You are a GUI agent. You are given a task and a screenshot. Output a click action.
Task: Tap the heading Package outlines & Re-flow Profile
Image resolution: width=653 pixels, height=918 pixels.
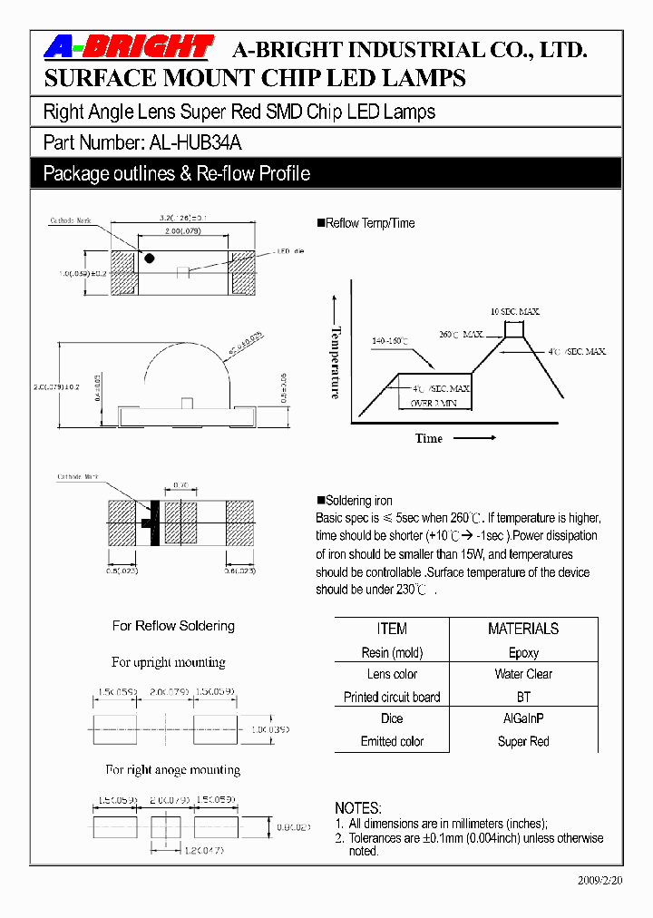pos(177,173)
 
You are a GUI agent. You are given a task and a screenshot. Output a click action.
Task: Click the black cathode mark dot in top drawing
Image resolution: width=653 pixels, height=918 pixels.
pos(149,259)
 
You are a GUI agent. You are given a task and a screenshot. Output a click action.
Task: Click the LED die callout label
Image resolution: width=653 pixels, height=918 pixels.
pos(290,251)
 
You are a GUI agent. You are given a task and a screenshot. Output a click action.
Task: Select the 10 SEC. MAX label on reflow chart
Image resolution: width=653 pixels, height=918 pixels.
pos(515,312)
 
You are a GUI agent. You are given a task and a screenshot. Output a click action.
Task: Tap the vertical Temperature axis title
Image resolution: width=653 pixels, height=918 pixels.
pos(336,362)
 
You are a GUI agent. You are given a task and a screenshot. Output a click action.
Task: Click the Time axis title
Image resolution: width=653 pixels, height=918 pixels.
pos(429,438)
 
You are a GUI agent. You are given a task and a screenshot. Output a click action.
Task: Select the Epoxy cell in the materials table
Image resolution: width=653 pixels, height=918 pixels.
pos(523,652)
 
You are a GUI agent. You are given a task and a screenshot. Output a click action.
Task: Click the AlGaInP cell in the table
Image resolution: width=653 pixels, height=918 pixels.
pos(523,718)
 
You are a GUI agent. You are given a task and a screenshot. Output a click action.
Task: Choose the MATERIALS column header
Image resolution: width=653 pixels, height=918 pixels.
pos(523,629)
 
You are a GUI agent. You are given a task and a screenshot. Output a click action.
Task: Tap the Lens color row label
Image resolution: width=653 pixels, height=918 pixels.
pos(392,674)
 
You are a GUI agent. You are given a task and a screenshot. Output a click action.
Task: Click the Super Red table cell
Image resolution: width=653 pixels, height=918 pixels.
pos(523,741)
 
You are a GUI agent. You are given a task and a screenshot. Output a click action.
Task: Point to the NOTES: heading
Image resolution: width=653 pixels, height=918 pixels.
pos(358,808)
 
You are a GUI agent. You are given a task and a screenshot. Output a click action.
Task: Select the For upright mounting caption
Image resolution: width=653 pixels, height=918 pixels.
pos(169,662)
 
